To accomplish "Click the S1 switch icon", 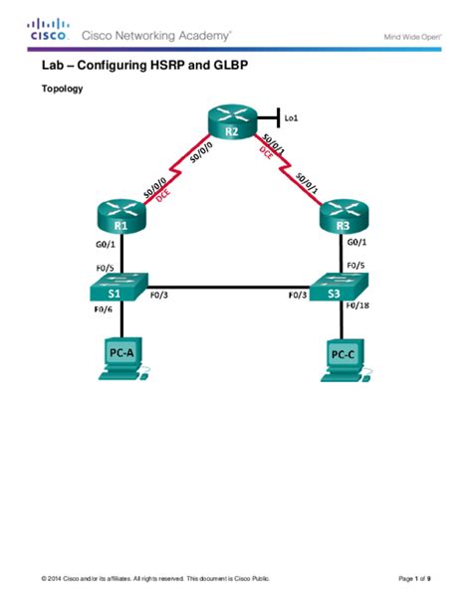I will pyautogui.click(x=116, y=292).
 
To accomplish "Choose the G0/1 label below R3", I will pyautogui.click(x=357, y=241).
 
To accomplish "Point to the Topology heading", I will pyautogui.click(x=61, y=89).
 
